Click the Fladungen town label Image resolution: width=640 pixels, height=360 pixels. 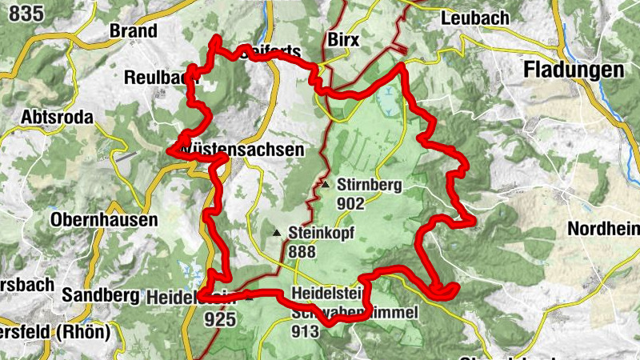[573, 70]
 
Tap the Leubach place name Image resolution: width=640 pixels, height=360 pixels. [474, 18]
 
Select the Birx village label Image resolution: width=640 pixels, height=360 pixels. [345, 40]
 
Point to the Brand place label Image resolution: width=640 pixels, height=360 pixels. [132, 31]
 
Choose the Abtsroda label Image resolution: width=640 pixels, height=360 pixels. [58, 118]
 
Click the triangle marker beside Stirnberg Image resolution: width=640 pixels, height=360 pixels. [326, 185]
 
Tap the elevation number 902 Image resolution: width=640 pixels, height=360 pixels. [350, 203]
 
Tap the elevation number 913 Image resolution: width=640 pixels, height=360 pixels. [306, 330]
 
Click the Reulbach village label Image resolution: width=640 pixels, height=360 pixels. [160, 78]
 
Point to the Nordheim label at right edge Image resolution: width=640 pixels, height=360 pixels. [604, 229]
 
